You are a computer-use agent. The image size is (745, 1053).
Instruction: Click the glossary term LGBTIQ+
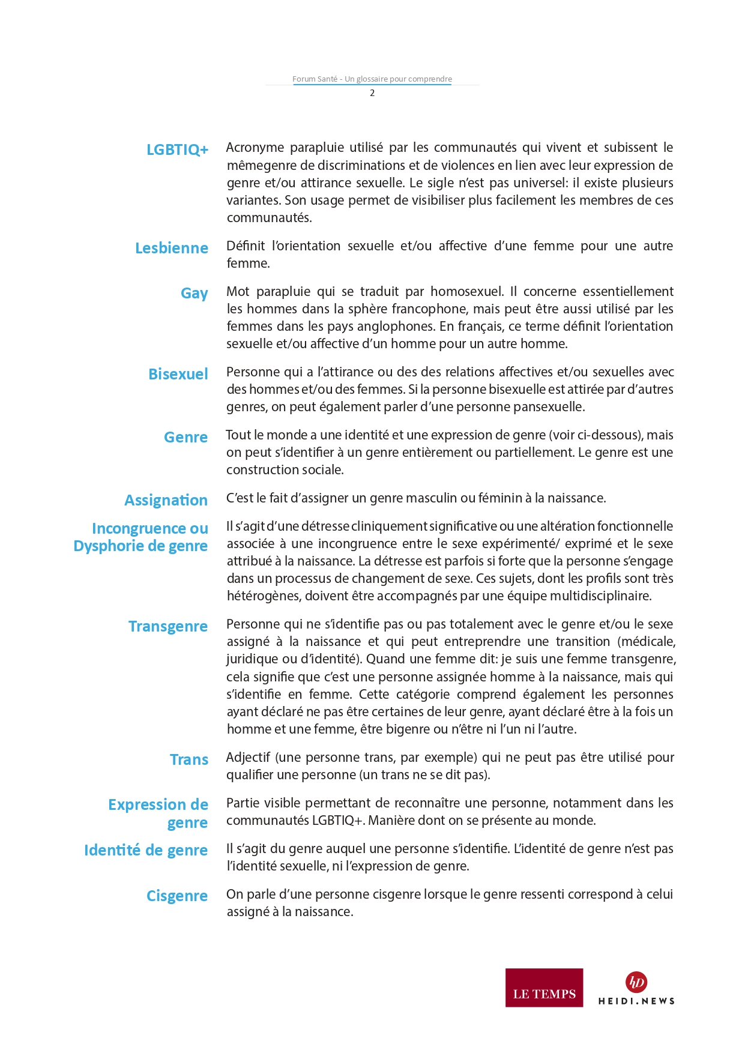[x=177, y=149]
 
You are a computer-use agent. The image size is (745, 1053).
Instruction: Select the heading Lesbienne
[x=171, y=248]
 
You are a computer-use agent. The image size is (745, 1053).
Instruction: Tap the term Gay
[x=194, y=293]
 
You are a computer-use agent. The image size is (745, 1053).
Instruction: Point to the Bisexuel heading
[x=178, y=374]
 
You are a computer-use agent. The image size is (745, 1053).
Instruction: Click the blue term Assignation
[x=166, y=500]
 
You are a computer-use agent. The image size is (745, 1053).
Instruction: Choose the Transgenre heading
[x=167, y=626]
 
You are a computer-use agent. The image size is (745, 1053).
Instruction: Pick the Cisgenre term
[x=176, y=896]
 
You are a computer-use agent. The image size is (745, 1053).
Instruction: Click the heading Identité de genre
[x=145, y=850]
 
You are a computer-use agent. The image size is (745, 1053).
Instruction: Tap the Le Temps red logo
[x=544, y=988]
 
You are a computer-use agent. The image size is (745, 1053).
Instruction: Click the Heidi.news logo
[x=636, y=988]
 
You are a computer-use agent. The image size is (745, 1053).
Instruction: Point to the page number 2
[x=372, y=93]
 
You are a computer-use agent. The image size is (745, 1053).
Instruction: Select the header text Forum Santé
[x=315, y=79]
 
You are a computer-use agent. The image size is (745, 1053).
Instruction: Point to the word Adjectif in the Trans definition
[x=248, y=758]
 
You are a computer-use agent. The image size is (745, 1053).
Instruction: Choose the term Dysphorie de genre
[x=140, y=546]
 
